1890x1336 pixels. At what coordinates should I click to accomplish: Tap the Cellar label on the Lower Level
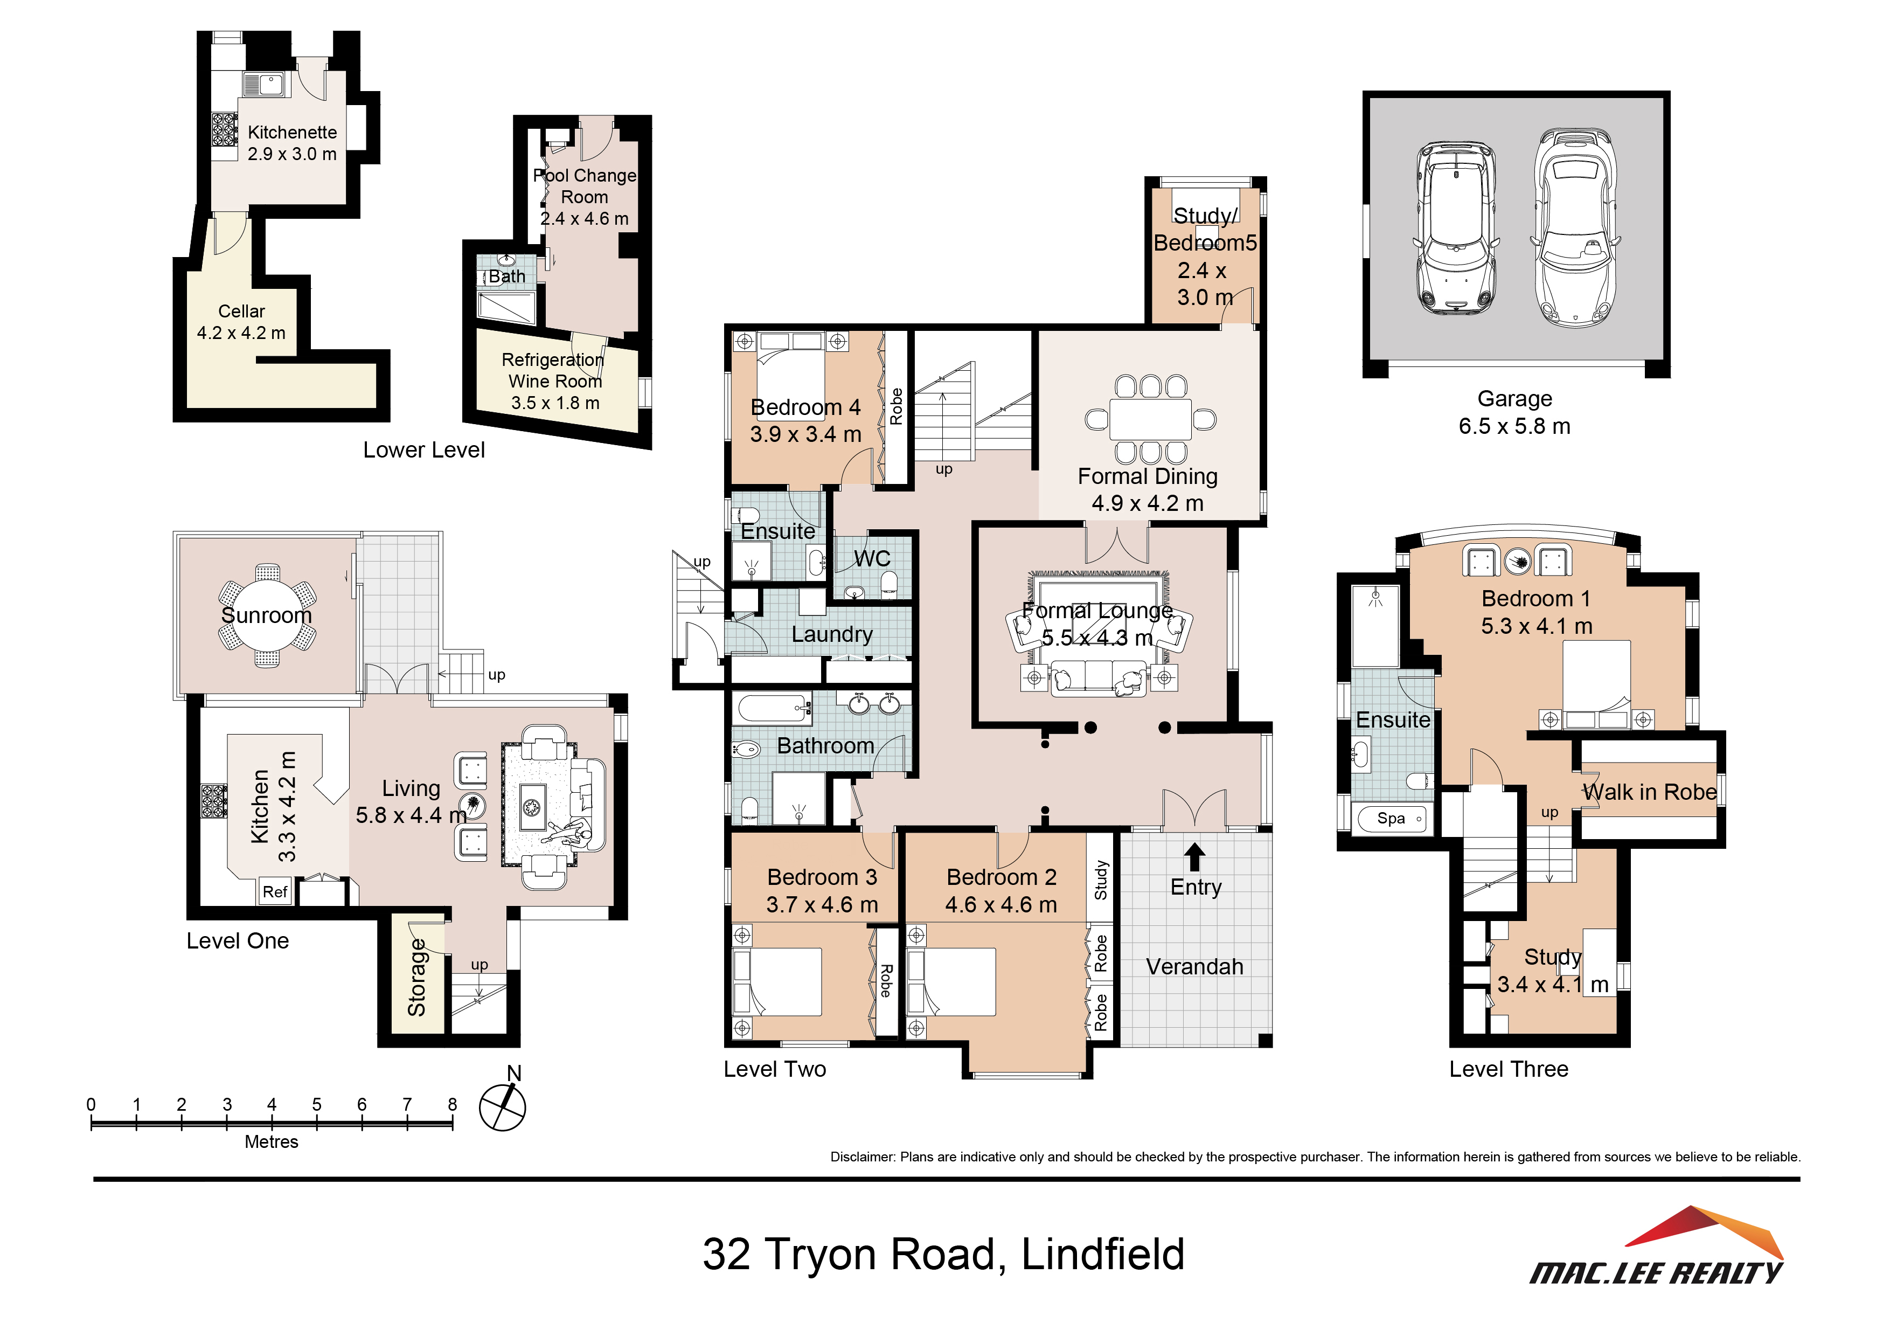click(x=241, y=311)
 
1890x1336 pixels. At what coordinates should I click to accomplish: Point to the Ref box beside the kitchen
click(x=275, y=891)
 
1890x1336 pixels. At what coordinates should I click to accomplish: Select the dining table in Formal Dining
click(x=1150, y=419)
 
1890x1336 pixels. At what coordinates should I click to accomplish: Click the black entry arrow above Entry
click(x=1195, y=857)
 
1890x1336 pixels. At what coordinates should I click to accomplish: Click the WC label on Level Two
click(x=872, y=558)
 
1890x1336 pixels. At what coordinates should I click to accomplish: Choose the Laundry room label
click(x=831, y=635)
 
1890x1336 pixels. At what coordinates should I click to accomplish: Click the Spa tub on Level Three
click(x=1391, y=818)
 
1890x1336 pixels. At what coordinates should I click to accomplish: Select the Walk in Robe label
click(x=1650, y=792)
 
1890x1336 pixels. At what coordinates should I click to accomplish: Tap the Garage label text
click(x=1514, y=399)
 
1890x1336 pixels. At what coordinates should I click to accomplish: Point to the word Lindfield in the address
click(x=1102, y=1255)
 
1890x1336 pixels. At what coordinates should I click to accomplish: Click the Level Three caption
click(x=1509, y=1069)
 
